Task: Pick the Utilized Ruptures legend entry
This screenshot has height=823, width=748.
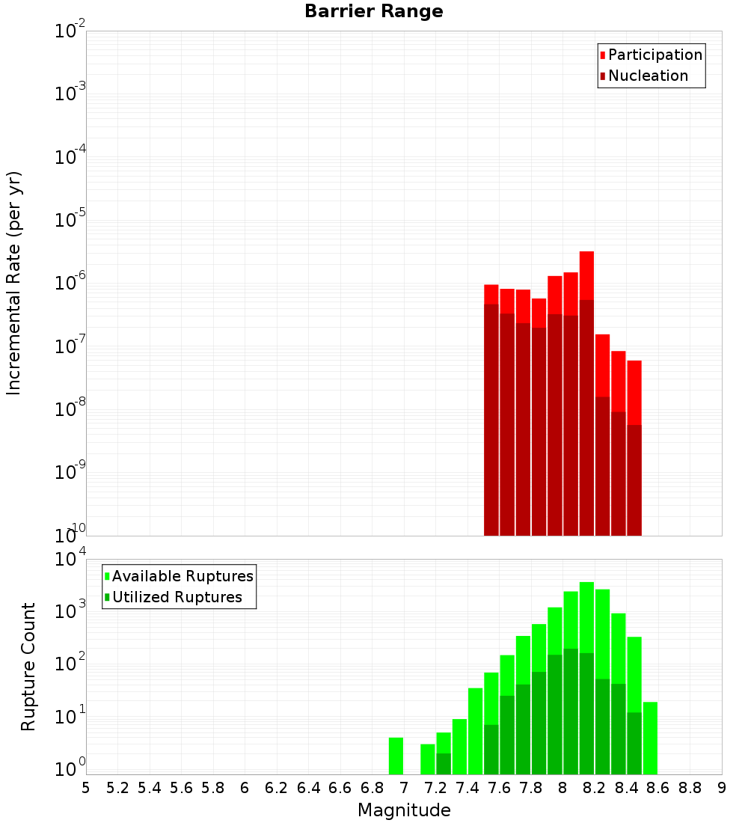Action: coord(177,598)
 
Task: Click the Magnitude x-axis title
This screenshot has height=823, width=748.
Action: coord(404,810)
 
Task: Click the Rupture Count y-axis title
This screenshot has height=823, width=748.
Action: coord(28,667)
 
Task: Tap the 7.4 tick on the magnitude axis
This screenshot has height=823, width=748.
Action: coord(467,788)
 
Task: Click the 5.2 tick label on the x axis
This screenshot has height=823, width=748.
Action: coord(117,788)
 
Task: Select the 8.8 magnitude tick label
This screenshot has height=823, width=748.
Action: coord(690,788)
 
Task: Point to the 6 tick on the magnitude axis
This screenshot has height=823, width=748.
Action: coord(245,788)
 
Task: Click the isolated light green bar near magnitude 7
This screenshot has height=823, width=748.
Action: coord(396,756)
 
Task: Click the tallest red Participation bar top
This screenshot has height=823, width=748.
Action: coord(586,254)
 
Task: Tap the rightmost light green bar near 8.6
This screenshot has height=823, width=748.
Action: coord(650,738)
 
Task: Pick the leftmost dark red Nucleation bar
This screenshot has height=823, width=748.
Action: coord(491,419)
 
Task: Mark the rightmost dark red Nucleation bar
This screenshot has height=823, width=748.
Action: coord(634,479)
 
